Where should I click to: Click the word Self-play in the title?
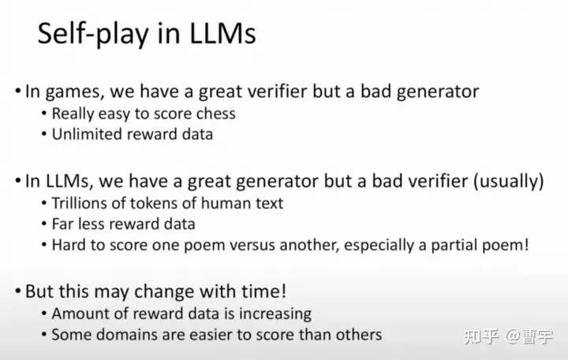coord(93,34)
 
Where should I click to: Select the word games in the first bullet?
coord(75,92)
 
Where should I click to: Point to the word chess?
coord(215,114)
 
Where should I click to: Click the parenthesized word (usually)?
coord(509,181)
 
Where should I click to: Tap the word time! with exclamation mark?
coord(264,291)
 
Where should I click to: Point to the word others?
coord(359,335)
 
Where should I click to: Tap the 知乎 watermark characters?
coord(481,336)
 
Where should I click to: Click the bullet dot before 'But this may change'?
coord(18,291)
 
